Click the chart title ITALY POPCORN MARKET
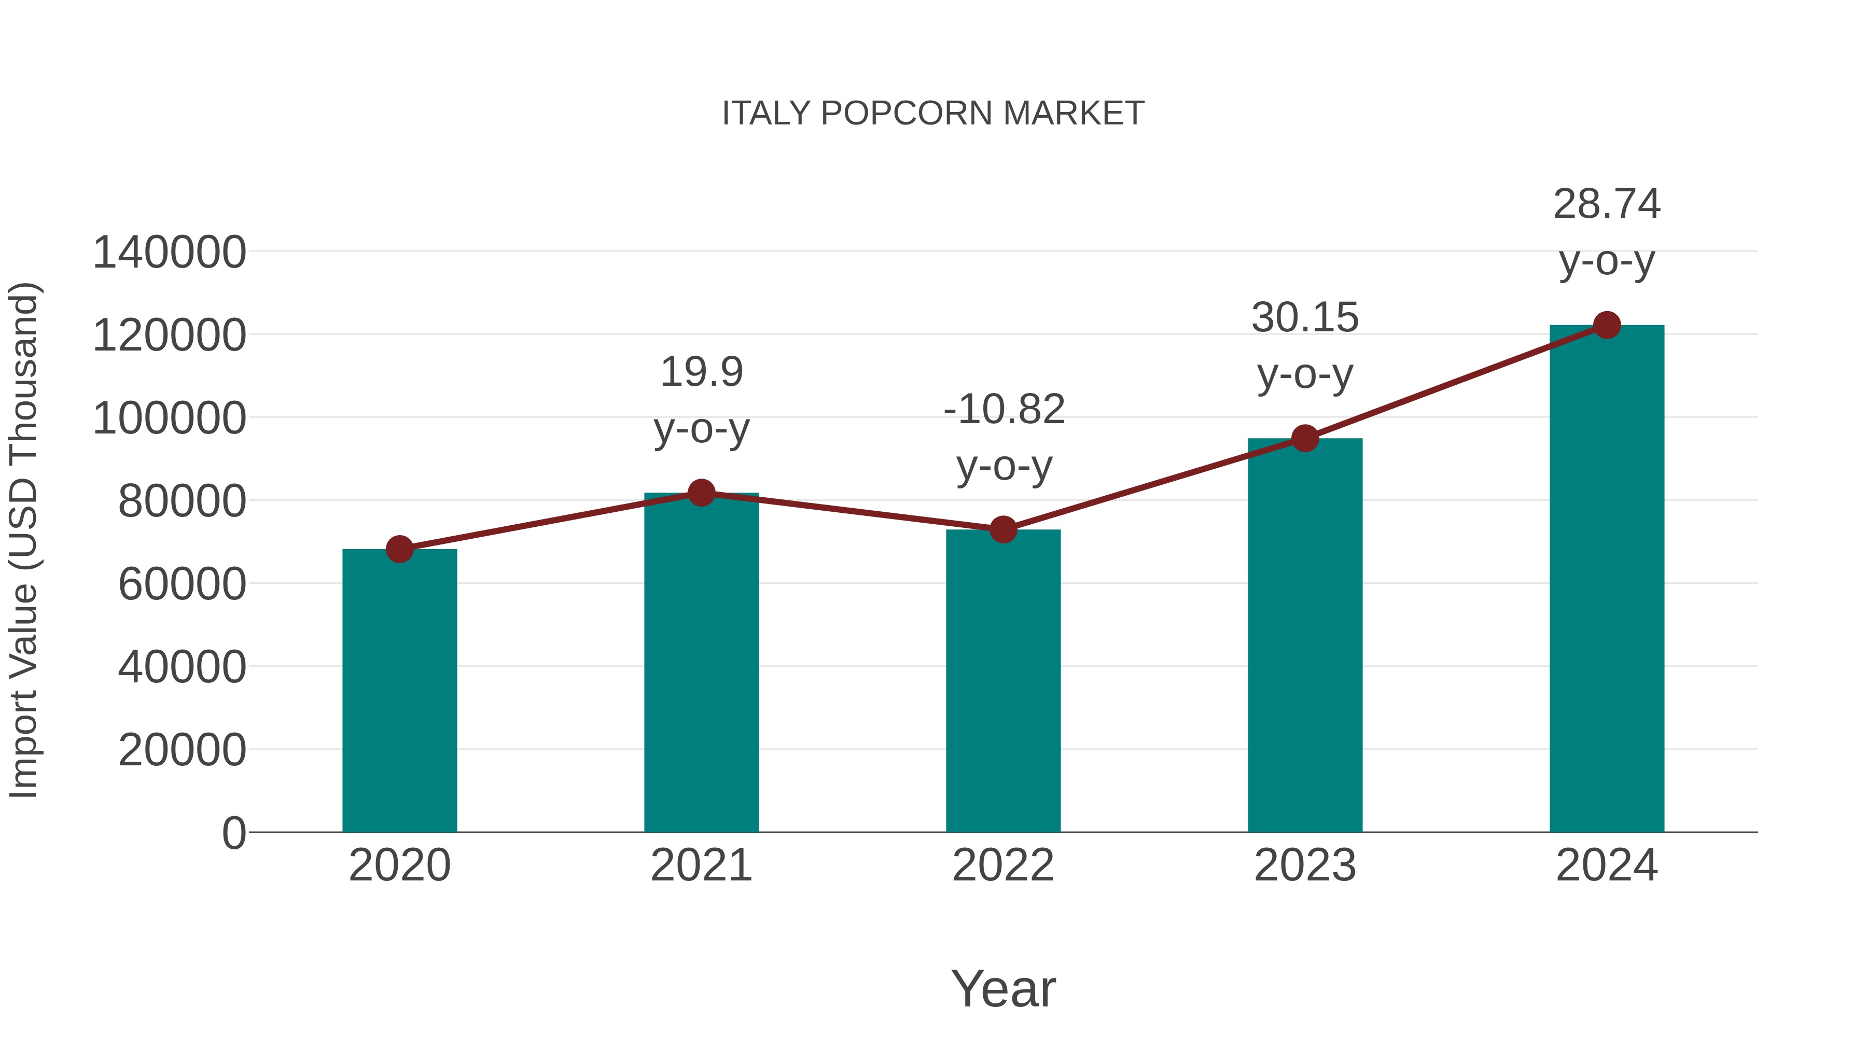pos(933,114)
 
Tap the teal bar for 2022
pos(1003,681)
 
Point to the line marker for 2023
pos(1305,438)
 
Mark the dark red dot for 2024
pos(1607,325)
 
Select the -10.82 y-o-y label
pos(1004,437)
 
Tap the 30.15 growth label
pos(1305,346)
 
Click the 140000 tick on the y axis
pos(170,253)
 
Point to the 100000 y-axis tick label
pos(170,419)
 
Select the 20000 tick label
pos(182,750)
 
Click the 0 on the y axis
pos(234,833)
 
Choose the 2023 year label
pos(1305,865)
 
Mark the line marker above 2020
pos(399,549)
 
